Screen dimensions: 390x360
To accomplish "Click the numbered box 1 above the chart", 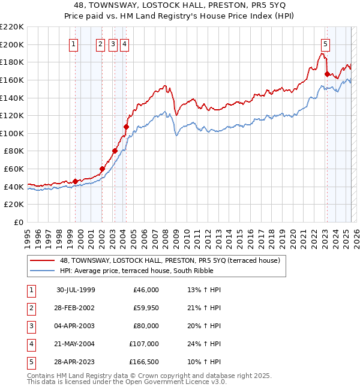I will point(73,43).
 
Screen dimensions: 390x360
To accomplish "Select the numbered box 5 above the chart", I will point(325,43).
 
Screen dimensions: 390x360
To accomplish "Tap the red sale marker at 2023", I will point(327,74).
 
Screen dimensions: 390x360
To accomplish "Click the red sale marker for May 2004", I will point(126,127).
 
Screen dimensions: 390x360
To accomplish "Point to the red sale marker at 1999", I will point(76,181).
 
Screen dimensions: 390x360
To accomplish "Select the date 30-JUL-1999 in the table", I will point(76,290).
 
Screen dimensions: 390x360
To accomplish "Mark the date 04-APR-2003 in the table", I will point(76,326).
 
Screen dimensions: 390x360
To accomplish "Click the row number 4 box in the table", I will point(30,344).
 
